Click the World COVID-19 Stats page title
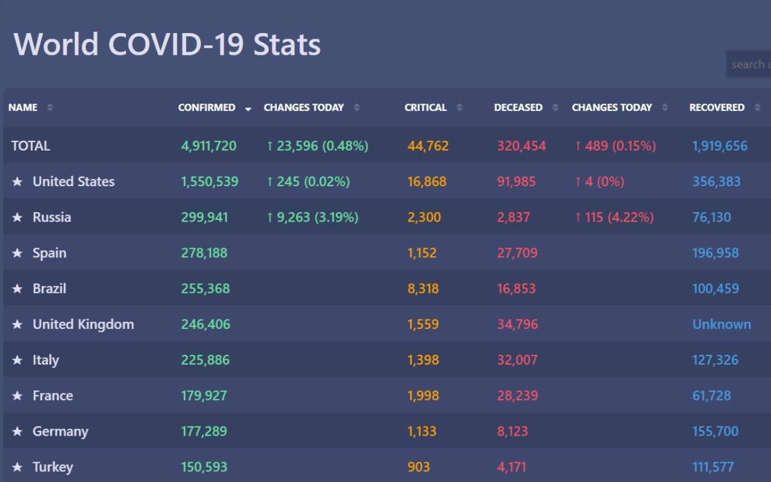tap(167, 45)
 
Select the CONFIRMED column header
tap(207, 107)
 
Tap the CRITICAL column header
tap(425, 107)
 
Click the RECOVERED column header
tap(716, 107)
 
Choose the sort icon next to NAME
tap(50, 107)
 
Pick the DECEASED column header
tap(518, 107)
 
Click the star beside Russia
tap(17, 218)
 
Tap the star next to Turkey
tap(17, 467)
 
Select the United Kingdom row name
tap(83, 324)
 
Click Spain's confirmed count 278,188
tap(204, 253)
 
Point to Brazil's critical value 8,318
tap(423, 289)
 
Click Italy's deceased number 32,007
tap(517, 360)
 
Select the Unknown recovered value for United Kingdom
tap(722, 324)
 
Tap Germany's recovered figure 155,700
tap(715, 431)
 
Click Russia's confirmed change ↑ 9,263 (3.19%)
tap(312, 218)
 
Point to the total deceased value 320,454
tap(522, 146)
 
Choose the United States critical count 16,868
tap(427, 181)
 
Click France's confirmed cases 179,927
tap(204, 396)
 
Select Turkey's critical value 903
tap(419, 467)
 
